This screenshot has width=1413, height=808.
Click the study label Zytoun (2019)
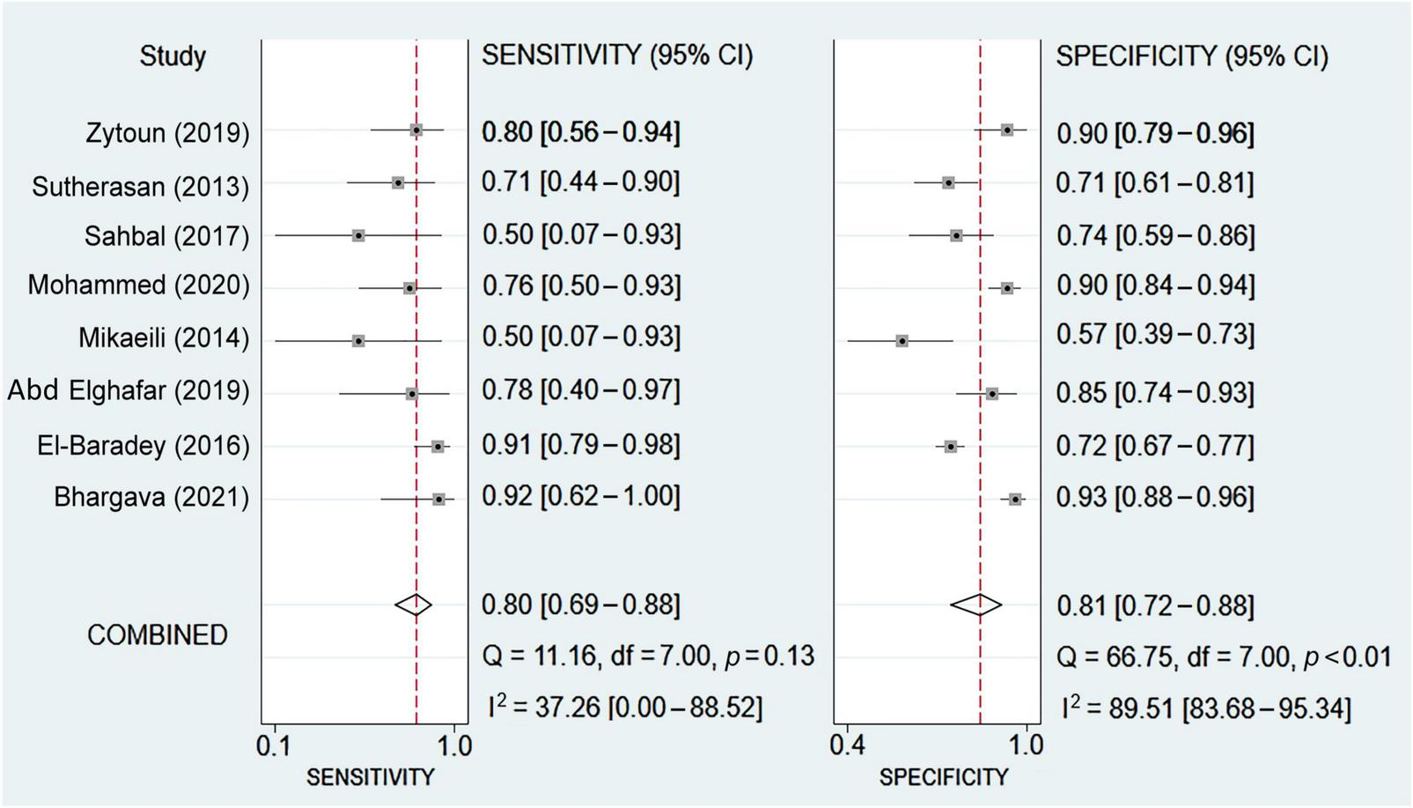(167, 133)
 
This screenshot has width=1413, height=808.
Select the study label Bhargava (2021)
(151, 498)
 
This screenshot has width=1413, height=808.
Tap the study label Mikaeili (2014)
(164, 338)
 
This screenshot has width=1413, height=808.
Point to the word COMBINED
(157, 635)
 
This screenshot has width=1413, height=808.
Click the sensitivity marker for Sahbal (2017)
(358, 236)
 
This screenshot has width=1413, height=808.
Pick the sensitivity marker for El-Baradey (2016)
(438, 447)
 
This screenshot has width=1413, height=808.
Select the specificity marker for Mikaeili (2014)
(902, 340)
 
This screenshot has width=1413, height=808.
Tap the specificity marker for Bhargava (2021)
(1015, 500)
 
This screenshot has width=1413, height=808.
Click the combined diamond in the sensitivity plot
(413, 604)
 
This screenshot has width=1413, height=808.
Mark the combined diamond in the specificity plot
(976, 604)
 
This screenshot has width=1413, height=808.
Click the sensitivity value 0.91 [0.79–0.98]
(581, 445)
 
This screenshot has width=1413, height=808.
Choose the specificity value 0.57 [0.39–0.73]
(1155, 336)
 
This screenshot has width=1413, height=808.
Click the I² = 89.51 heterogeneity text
(1205, 708)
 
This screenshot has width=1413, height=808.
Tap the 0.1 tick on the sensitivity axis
(274, 746)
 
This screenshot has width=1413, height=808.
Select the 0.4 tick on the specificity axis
(847, 746)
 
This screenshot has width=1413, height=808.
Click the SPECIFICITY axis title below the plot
(943, 777)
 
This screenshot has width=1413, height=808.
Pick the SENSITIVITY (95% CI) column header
(617, 56)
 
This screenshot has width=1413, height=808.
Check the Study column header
(173, 56)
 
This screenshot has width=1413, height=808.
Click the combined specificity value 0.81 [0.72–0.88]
(1155, 606)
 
